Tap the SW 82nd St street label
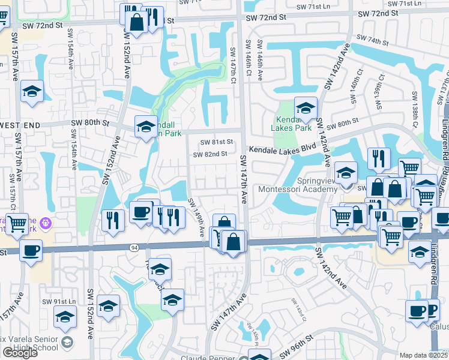(210, 154)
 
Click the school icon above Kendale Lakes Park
(306, 107)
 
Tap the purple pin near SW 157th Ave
(47, 224)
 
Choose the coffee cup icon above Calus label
(417, 311)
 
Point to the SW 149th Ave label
(199, 218)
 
